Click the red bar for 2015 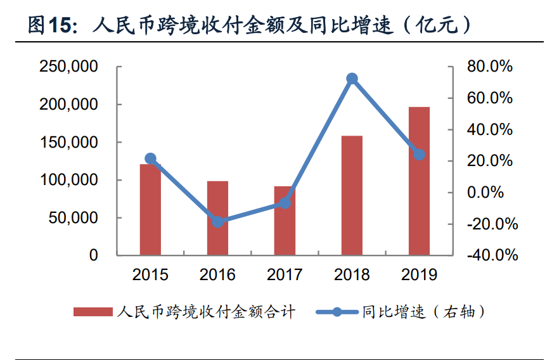[x=150, y=209]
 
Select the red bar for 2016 [x=217, y=218]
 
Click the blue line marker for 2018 [x=352, y=79]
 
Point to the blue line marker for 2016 [x=218, y=222]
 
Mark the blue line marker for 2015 [x=150, y=158]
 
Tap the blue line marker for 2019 [x=420, y=155]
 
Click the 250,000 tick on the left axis [x=68, y=67]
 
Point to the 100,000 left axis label [x=68, y=180]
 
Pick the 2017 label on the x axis [x=285, y=274]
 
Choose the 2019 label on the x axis [x=419, y=274]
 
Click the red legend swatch [x=93, y=312]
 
